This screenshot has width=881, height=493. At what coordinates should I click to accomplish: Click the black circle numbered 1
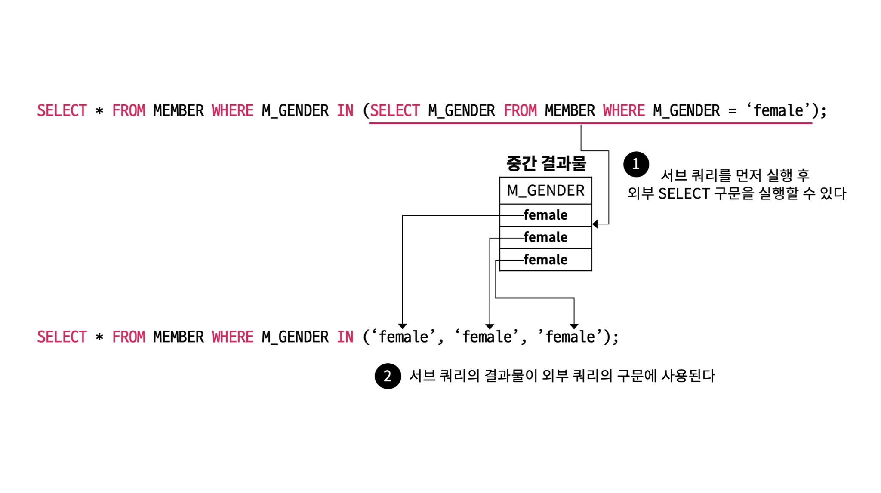636,164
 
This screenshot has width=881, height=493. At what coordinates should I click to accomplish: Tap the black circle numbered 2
388,376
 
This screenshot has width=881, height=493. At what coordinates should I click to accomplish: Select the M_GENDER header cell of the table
545,190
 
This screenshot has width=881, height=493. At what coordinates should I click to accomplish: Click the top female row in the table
545,215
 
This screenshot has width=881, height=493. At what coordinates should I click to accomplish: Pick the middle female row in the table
545,237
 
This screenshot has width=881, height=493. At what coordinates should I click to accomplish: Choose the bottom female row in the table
545,260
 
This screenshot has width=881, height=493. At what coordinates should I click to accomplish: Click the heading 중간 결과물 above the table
546,163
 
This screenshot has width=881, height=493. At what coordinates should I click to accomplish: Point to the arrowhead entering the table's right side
595,224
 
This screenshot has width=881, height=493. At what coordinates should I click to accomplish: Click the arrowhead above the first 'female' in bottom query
402,326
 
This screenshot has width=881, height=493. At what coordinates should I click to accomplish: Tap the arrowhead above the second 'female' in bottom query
490,326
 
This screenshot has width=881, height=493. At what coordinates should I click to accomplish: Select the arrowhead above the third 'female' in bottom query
574,326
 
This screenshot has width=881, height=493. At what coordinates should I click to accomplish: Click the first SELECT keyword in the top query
62,111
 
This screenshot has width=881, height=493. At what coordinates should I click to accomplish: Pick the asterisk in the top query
99,111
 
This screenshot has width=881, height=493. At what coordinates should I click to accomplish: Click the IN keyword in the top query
345,111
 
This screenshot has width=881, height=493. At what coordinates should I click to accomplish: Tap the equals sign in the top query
732,111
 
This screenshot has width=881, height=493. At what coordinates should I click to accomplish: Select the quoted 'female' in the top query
778,110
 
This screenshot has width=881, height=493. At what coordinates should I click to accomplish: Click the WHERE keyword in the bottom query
232,337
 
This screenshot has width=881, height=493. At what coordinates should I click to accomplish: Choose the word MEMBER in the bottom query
179,337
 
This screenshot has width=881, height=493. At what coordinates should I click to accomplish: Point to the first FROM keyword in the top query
129,111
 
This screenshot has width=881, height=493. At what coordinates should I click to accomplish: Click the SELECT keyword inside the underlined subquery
394,111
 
